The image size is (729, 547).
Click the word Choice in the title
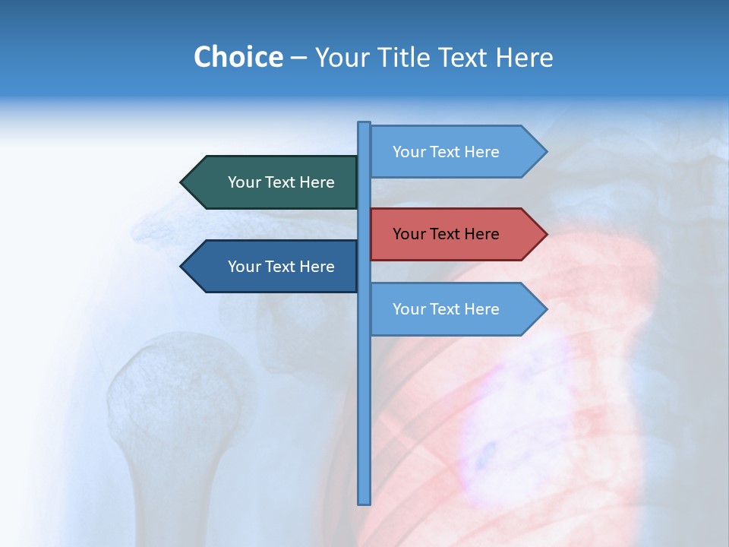coord(238,57)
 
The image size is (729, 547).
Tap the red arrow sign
coord(456,234)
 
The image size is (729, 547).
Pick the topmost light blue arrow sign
coord(456,152)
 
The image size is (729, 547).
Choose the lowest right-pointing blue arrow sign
coord(456,309)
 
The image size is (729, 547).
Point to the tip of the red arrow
coord(545,234)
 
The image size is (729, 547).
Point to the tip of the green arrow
coord(182,182)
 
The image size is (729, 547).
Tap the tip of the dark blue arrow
coord(182,267)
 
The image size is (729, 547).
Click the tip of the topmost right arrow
coord(545,152)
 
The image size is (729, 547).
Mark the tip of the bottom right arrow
coord(545,309)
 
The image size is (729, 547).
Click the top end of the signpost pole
coord(364,124)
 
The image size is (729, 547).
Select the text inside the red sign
coord(446,234)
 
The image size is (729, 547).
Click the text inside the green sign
coord(281,182)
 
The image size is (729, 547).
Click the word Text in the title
coord(466,57)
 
